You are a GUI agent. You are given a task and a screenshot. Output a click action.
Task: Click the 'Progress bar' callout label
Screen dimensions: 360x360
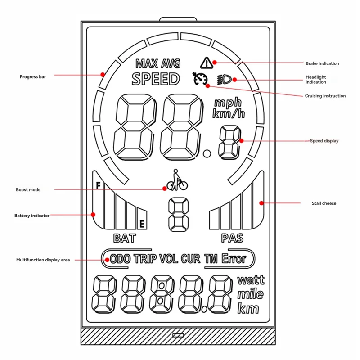click(x=32, y=76)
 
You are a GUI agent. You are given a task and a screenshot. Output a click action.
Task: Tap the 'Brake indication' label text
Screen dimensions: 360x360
click(x=322, y=63)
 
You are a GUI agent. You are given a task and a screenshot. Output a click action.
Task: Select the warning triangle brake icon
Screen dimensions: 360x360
click(x=207, y=62)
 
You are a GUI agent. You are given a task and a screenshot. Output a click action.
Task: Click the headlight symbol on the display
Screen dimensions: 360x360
click(x=224, y=80)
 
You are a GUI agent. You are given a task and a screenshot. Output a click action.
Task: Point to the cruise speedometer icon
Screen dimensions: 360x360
click(x=200, y=79)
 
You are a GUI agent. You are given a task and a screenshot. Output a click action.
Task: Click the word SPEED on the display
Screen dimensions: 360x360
click(x=156, y=79)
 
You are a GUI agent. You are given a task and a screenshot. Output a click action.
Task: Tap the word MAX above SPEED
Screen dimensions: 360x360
click(x=146, y=63)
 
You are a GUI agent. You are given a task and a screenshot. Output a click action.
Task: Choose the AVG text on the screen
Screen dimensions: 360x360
click(x=171, y=63)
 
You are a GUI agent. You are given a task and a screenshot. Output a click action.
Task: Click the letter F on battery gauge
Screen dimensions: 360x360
click(x=98, y=184)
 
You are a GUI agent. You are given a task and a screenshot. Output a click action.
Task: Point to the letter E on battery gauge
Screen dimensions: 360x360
click(x=142, y=223)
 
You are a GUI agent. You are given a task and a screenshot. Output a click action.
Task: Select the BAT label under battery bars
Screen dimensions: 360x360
click(x=124, y=238)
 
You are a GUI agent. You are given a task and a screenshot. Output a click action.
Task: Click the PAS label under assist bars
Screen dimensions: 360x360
click(x=232, y=238)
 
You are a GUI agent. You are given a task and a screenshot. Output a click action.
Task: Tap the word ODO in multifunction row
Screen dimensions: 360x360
click(x=120, y=259)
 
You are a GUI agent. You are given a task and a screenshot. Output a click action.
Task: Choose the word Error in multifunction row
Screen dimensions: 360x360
click(x=234, y=259)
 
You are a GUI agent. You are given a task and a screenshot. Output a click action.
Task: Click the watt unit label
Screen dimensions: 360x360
click(x=251, y=280)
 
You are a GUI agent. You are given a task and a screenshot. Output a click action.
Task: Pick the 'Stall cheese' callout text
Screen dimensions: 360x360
click(x=324, y=203)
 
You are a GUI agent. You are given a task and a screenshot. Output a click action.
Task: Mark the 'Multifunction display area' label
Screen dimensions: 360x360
click(x=43, y=260)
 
